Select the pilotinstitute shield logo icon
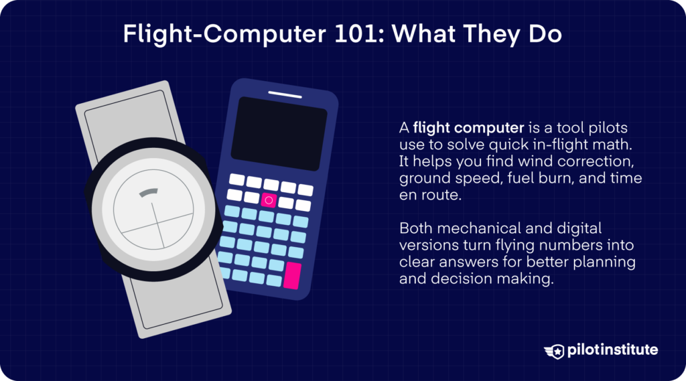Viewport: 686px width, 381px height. [x=555, y=351]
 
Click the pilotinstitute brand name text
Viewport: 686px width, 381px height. [x=612, y=350]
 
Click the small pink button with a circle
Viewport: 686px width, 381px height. [x=269, y=200]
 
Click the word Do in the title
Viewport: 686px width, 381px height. [x=547, y=35]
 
